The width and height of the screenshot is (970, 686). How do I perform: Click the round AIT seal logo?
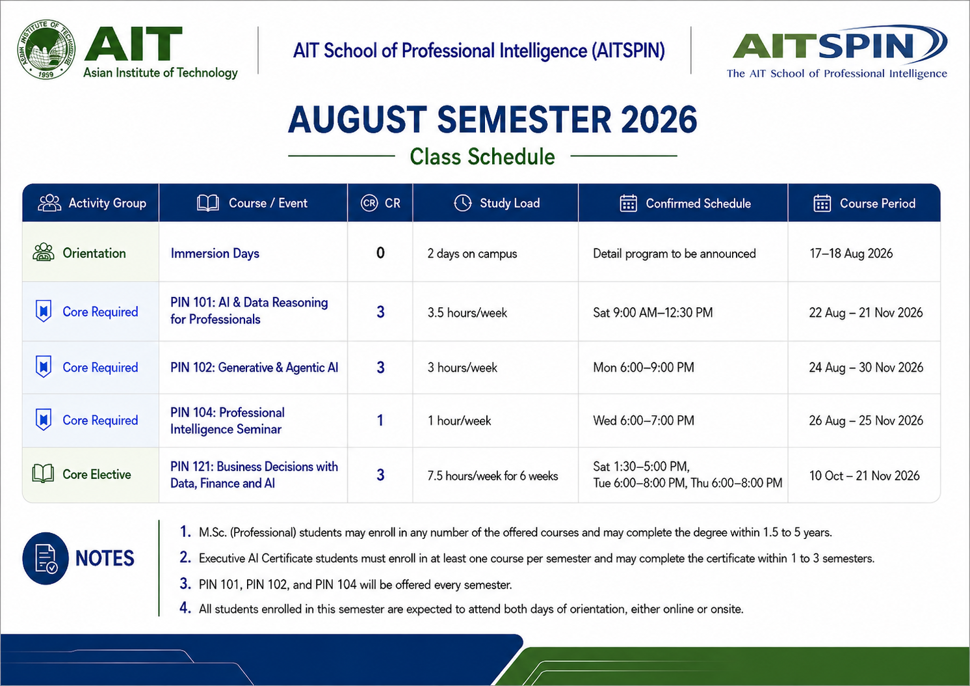[46, 49]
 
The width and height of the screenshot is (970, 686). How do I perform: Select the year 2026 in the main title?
[659, 120]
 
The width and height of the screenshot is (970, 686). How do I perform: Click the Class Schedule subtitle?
[482, 157]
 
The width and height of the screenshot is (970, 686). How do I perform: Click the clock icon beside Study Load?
[462, 203]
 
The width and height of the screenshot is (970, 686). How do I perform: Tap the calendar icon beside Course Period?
[822, 203]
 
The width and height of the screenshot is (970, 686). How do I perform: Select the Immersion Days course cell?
[215, 253]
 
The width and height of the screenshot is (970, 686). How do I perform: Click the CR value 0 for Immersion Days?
[380, 253]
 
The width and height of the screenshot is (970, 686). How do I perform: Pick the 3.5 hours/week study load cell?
[467, 312]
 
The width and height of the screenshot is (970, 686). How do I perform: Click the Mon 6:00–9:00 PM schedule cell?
[644, 368]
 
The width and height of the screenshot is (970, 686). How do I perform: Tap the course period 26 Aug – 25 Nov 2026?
[866, 420]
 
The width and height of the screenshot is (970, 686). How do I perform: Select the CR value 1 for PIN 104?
[380, 420]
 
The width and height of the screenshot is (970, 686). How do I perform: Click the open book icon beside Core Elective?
[43, 474]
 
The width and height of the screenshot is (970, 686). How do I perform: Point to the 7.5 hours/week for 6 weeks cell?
[493, 476]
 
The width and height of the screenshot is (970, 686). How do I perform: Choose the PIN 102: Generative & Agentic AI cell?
[254, 368]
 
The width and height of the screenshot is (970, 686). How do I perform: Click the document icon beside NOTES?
[46, 558]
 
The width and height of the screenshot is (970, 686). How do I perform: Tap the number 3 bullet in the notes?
[185, 584]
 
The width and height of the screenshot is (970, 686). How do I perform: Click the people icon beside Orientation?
[44, 252]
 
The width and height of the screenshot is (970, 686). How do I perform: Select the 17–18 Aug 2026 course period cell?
[851, 253]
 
